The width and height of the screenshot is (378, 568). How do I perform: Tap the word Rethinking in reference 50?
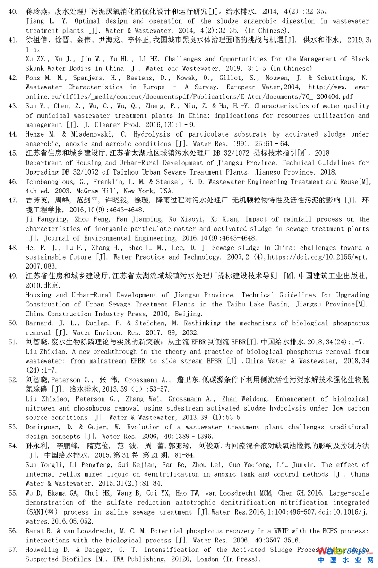[198, 323]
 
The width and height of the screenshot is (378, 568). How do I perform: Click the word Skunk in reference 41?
[36, 69]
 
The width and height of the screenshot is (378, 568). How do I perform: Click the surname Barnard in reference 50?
[39, 323]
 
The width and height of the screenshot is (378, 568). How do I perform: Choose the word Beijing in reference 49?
[188, 314]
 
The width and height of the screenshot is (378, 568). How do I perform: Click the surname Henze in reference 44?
[35, 135]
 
